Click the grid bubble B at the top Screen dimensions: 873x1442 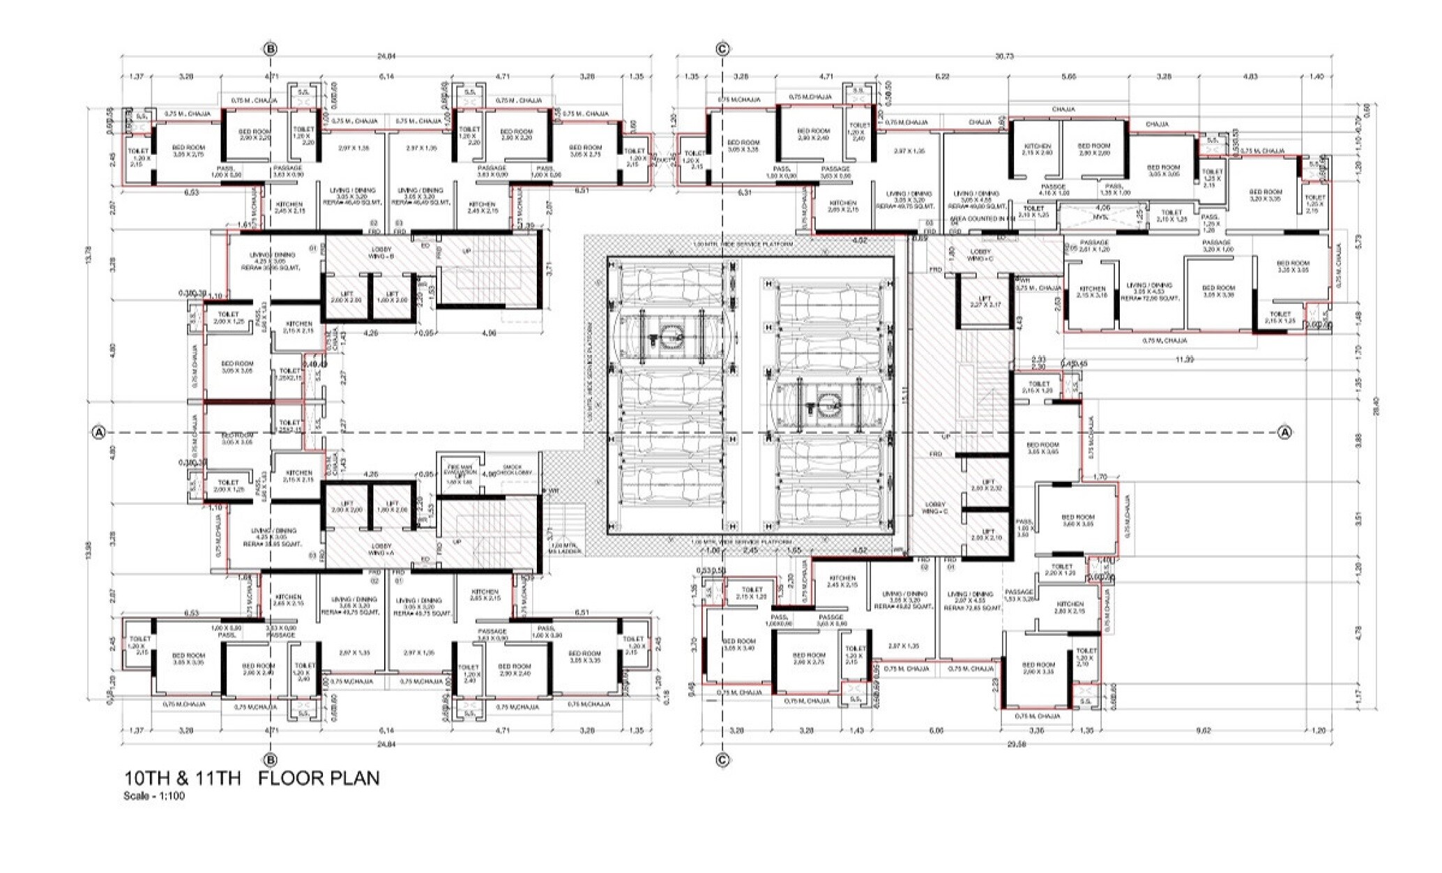point(271,49)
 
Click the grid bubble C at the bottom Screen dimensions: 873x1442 point(722,760)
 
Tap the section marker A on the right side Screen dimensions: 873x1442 point(1284,432)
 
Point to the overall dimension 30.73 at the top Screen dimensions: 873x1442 point(1004,56)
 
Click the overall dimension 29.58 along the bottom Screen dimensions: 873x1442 point(1016,744)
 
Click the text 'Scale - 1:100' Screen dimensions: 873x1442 point(155,796)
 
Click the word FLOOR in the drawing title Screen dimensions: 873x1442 point(292,778)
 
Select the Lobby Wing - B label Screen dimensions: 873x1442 point(382,252)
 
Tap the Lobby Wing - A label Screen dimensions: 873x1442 point(381,549)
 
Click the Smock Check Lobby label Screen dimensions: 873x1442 point(517,470)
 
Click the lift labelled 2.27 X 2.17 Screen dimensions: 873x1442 point(985,302)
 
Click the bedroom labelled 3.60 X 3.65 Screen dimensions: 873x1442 point(1077,520)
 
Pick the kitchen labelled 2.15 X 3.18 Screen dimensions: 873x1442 point(1092,291)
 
